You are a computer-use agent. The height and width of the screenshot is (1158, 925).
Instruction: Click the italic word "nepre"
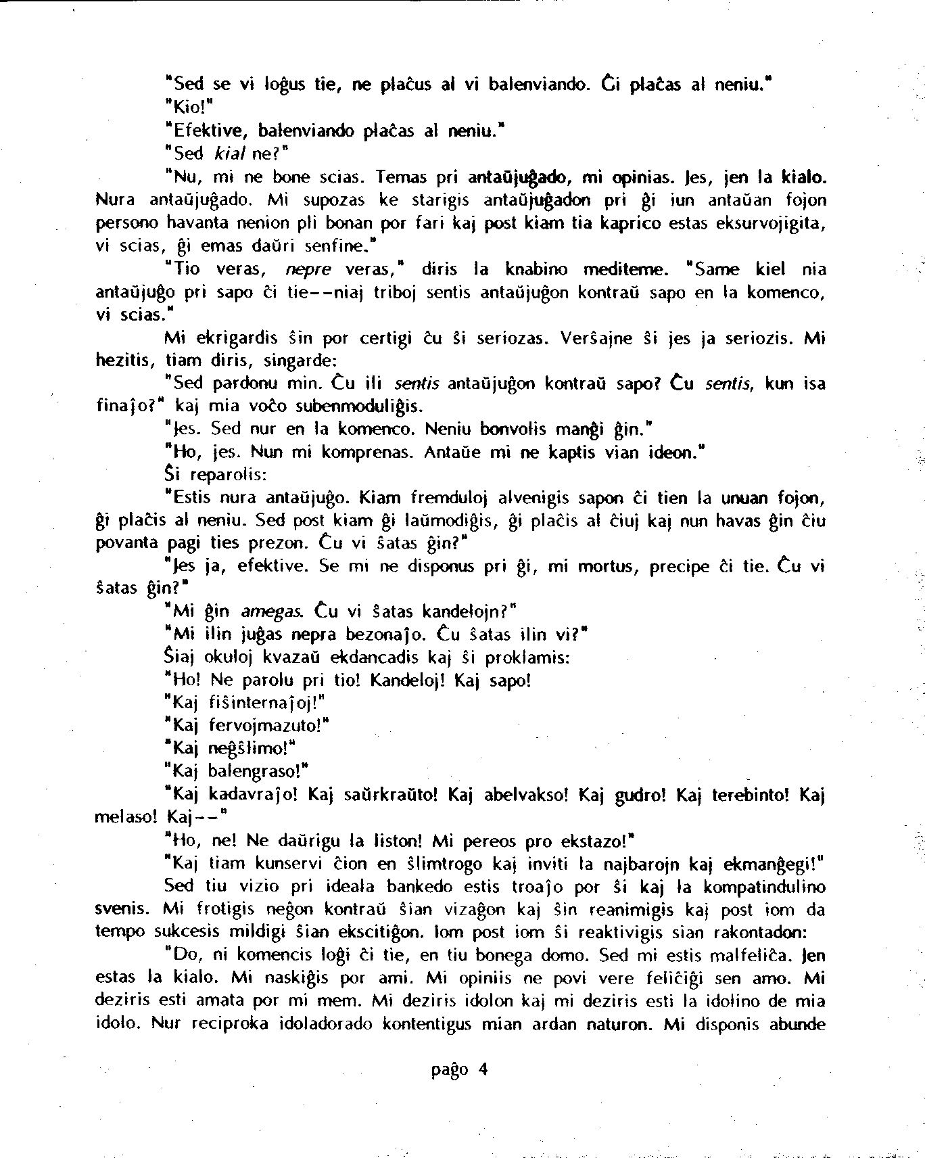(308, 269)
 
